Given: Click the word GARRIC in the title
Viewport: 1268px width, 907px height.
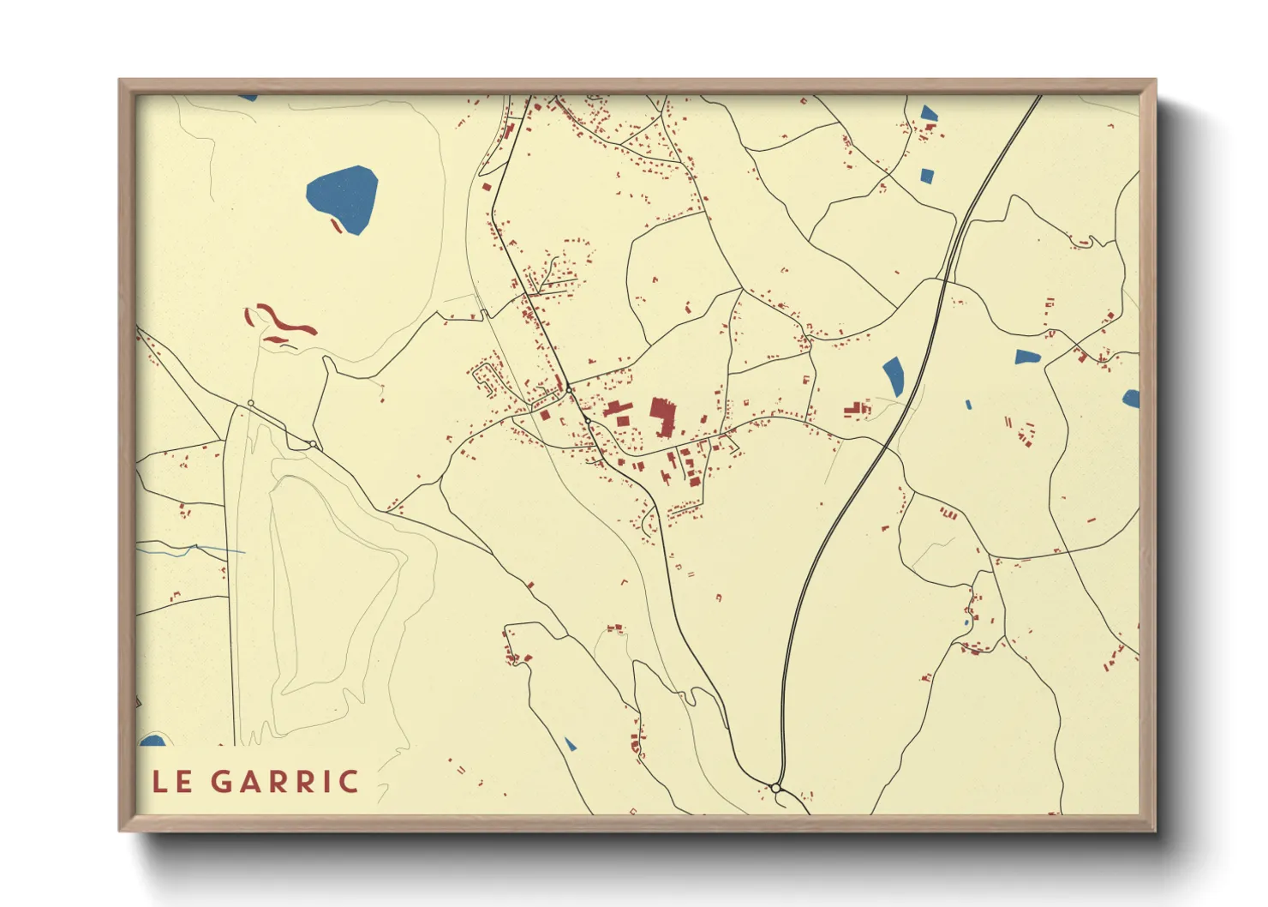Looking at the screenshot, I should coord(284,781).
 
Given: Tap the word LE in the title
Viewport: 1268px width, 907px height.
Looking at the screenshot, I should coord(172,781).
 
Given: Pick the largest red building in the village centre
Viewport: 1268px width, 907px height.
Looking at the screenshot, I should coord(661,415).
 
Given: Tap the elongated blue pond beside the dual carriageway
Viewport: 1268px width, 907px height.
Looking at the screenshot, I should coord(893,375).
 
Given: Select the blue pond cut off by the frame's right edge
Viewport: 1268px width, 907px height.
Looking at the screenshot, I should coord(1131,399).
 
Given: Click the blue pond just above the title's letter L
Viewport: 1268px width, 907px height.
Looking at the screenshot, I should coord(153,741).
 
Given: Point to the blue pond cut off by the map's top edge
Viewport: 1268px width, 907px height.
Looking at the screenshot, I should coord(248,98).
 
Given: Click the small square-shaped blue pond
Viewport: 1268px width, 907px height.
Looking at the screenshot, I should coord(926,176).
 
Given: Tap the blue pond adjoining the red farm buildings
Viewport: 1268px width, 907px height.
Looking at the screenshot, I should coord(929,113).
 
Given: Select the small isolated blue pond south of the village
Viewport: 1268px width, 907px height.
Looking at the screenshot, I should coord(570,744).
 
